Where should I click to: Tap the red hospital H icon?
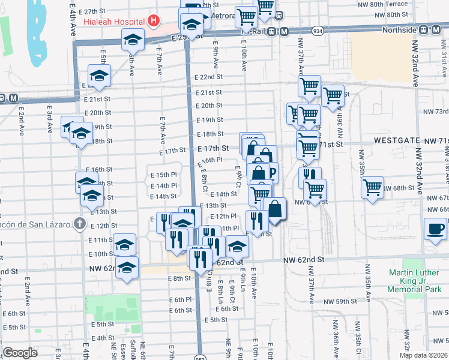[x=154, y=21]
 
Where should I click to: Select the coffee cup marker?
[x=435, y=229]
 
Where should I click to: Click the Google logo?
[x=20, y=353]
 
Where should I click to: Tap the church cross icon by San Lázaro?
[x=79, y=224]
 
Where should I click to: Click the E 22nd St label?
[x=209, y=77]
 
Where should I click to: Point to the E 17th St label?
[x=213, y=148]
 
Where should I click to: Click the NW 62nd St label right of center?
[x=304, y=260]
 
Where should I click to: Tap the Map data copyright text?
[x=423, y=355]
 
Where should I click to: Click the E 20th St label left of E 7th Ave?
[x=98, y=113]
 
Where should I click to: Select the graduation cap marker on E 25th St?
[x=132, y=40]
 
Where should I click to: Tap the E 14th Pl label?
[x=163, y=185]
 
